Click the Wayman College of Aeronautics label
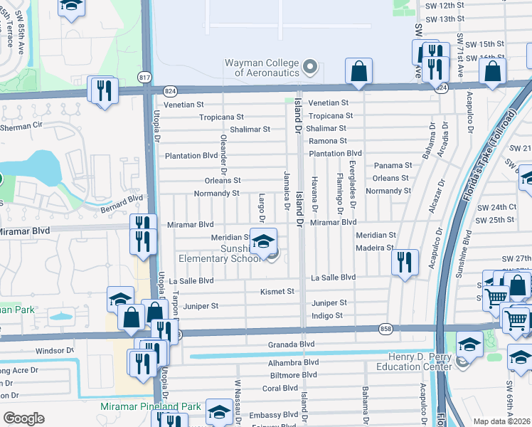pos(261,68)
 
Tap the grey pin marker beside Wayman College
pos(309,68)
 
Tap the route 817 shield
pos(145,77)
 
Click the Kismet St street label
pos(277,291)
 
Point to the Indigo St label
pos(327,315)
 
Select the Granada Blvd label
pos(291,344)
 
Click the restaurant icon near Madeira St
pos(405,260)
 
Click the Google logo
pos(24,418)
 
